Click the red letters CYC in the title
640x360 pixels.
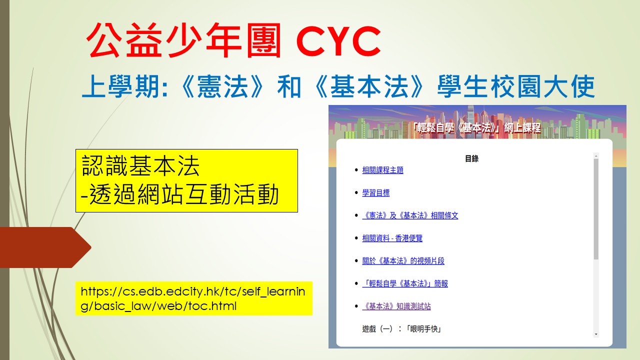338,41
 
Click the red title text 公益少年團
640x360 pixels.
183,40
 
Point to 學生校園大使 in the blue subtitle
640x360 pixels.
516,86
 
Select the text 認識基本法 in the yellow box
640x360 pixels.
140,166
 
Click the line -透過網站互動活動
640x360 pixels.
180,194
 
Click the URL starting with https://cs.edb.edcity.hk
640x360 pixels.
193,298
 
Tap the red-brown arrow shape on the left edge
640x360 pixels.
45,247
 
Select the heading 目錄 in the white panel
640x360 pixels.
471,158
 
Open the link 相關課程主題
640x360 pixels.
382,170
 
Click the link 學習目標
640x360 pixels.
375,193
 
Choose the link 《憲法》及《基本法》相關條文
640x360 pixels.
410,215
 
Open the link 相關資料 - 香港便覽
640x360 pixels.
392,238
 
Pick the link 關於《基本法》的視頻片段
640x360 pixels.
403,261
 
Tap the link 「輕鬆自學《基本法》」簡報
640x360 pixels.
405,283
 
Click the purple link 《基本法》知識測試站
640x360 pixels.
396,306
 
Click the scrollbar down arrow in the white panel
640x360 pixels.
596,334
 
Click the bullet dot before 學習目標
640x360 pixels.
356,192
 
